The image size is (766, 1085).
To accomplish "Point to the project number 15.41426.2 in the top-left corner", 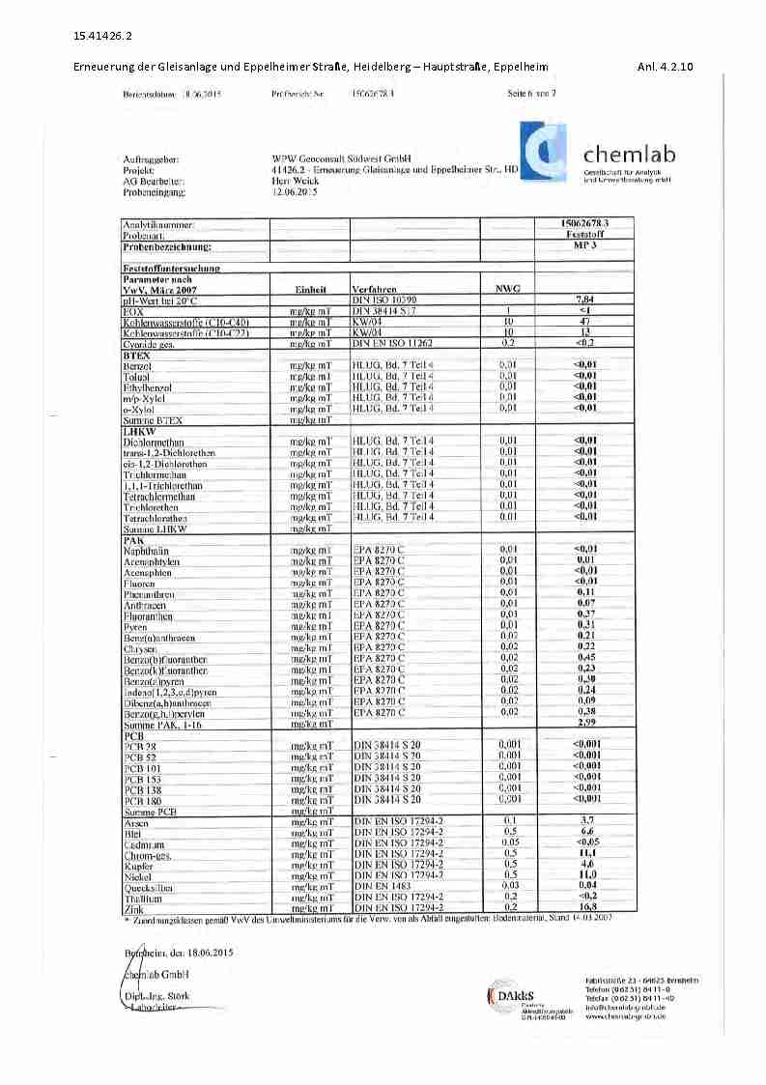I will pyautogui.click(x=103, y=37).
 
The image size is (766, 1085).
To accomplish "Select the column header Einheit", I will pyautogui.click(x=310, y=289).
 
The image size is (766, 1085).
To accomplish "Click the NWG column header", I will pyautogui.click(x=508, y=289).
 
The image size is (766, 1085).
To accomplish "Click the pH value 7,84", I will pyautogui.click(x=584, y=300).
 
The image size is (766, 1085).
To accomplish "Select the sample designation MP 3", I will pyautogui.click(x=584, y=246).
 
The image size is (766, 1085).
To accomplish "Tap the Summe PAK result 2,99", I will pyautogui.click(x=584, y=723).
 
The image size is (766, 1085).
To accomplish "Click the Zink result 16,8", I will pyautogui.click(x=584, y=908).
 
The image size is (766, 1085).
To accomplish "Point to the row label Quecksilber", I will pyautogui.click(x=149, y=887).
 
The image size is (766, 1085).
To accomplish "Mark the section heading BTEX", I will pyautogui.click(x=136, y=356).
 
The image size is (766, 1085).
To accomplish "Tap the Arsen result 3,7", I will pyautogui.click(x=584, y=821).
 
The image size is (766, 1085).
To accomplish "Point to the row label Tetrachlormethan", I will pyautogui.click(x=159, y=496).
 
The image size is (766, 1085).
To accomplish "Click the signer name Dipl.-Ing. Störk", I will pyautogui.click(x=157, y=996).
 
